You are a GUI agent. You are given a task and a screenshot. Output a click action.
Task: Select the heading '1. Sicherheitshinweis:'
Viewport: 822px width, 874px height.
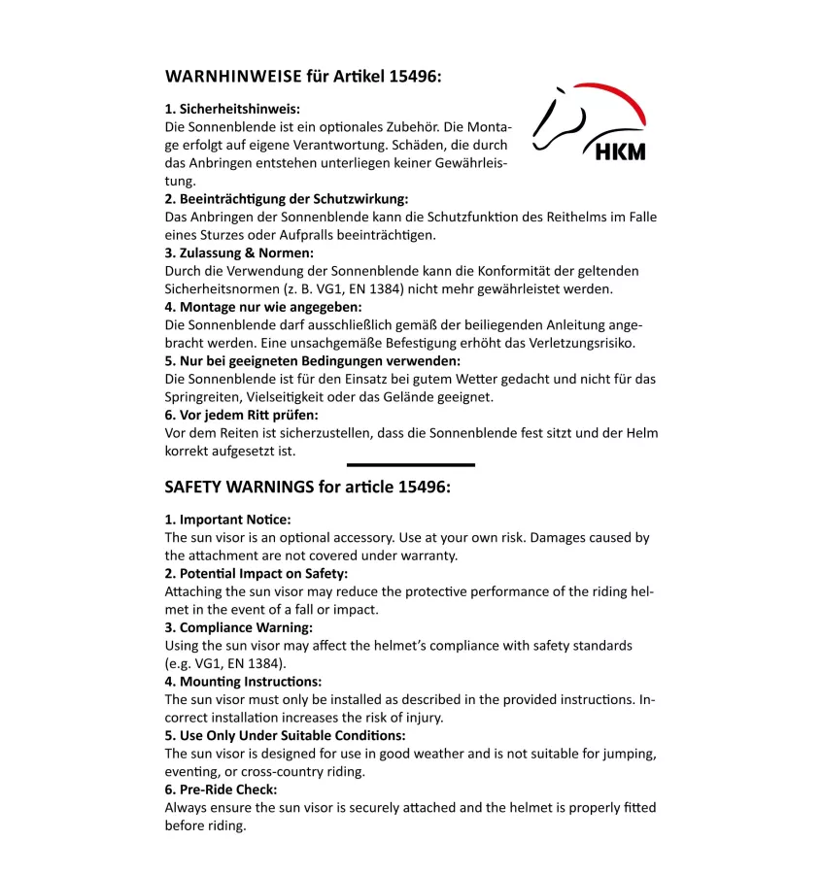232,109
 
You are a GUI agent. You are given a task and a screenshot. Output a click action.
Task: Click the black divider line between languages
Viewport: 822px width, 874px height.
410,465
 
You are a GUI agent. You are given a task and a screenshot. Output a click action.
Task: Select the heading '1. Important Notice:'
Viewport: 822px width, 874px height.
227,520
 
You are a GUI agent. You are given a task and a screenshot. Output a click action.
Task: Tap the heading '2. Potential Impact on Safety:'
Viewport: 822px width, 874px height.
256,573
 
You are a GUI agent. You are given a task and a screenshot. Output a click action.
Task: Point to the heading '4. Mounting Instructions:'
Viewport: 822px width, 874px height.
243,682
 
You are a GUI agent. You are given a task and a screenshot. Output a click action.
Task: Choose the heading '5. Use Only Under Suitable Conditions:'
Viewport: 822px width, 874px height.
285,735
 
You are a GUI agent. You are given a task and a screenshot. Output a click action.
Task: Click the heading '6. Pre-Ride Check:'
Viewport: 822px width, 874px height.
221,790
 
